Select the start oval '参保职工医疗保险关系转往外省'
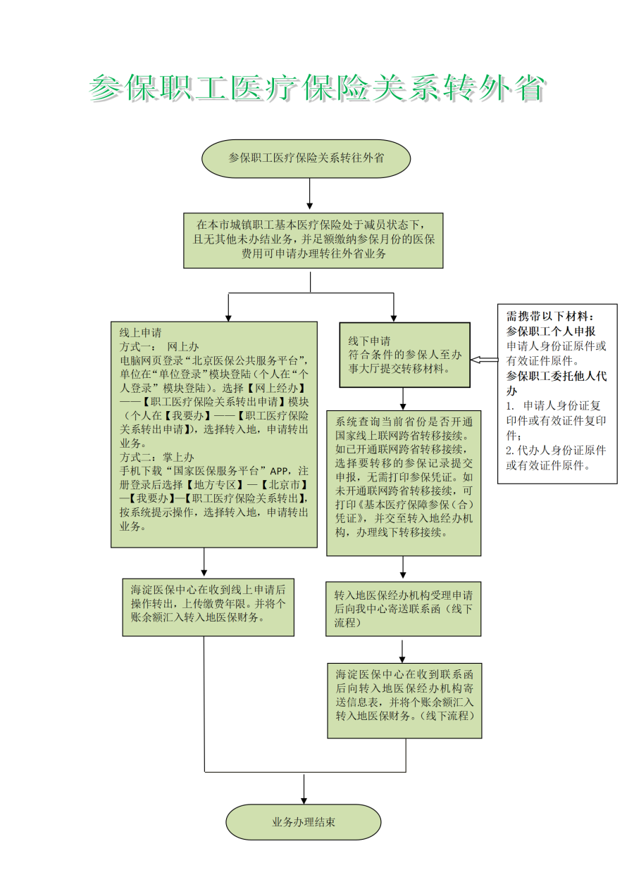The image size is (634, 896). point(306,158)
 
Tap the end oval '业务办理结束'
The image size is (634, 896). point(304,822)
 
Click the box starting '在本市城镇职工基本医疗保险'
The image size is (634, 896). point(313,240)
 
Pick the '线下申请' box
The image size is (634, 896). point(404,355)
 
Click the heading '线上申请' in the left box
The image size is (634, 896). point(141,333)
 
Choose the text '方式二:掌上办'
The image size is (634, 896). point(157,457)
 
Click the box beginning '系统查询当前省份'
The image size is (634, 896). point(404,483)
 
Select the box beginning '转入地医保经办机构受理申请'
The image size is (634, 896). point(403,608)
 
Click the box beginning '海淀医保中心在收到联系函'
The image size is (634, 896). point(404,700)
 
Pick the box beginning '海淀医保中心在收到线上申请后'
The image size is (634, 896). point(208,606)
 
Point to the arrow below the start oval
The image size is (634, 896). point(310,195)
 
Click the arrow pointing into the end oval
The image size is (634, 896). point(304,790)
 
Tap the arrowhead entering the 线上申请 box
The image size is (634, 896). point(228,317)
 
